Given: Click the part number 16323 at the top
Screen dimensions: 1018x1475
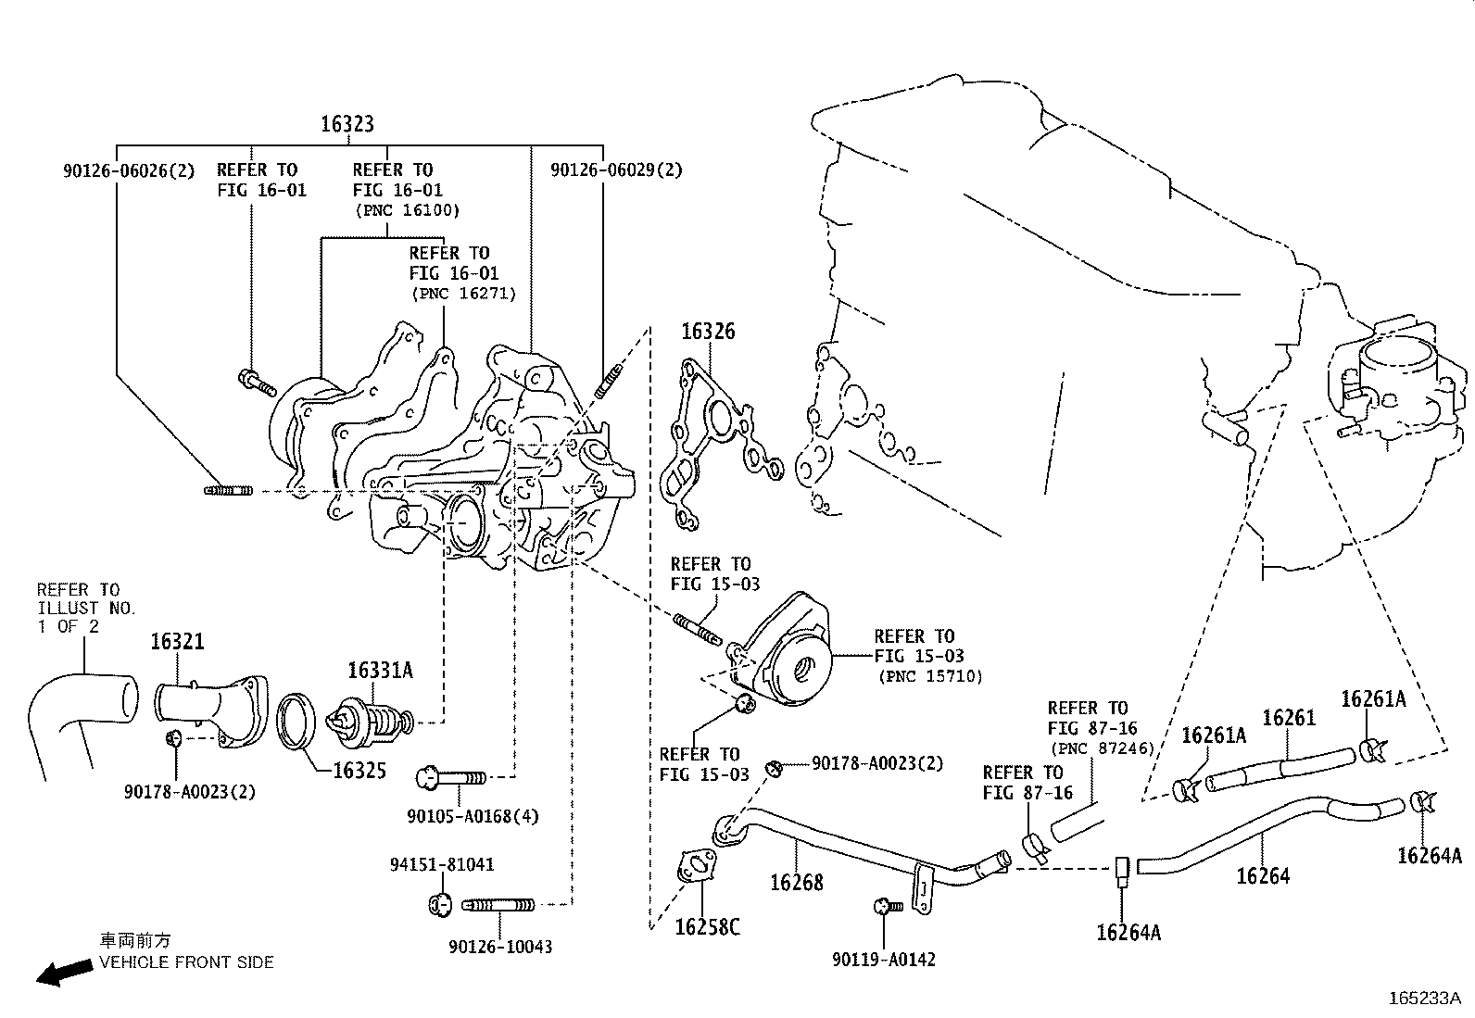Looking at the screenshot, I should click(347, 124).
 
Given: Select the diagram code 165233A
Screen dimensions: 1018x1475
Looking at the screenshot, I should click(1423, 999).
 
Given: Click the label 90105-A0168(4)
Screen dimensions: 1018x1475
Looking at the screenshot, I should click(473, 816).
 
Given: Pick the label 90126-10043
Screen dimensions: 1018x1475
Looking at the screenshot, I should click(500, 947).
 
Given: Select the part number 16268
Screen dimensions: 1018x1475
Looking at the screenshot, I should click(796, 882).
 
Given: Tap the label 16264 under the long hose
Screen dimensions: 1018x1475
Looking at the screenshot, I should click(1262, 875).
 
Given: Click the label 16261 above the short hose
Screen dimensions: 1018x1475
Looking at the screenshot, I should click(1288, 718).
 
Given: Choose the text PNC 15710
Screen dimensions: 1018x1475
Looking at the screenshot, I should click(930, 677).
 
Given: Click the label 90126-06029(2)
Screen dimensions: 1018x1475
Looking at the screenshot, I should click(615, 170).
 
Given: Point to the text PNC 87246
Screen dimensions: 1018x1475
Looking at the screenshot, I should click(1101, 748).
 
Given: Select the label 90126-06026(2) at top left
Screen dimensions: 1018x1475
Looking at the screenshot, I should click(130, 170).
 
